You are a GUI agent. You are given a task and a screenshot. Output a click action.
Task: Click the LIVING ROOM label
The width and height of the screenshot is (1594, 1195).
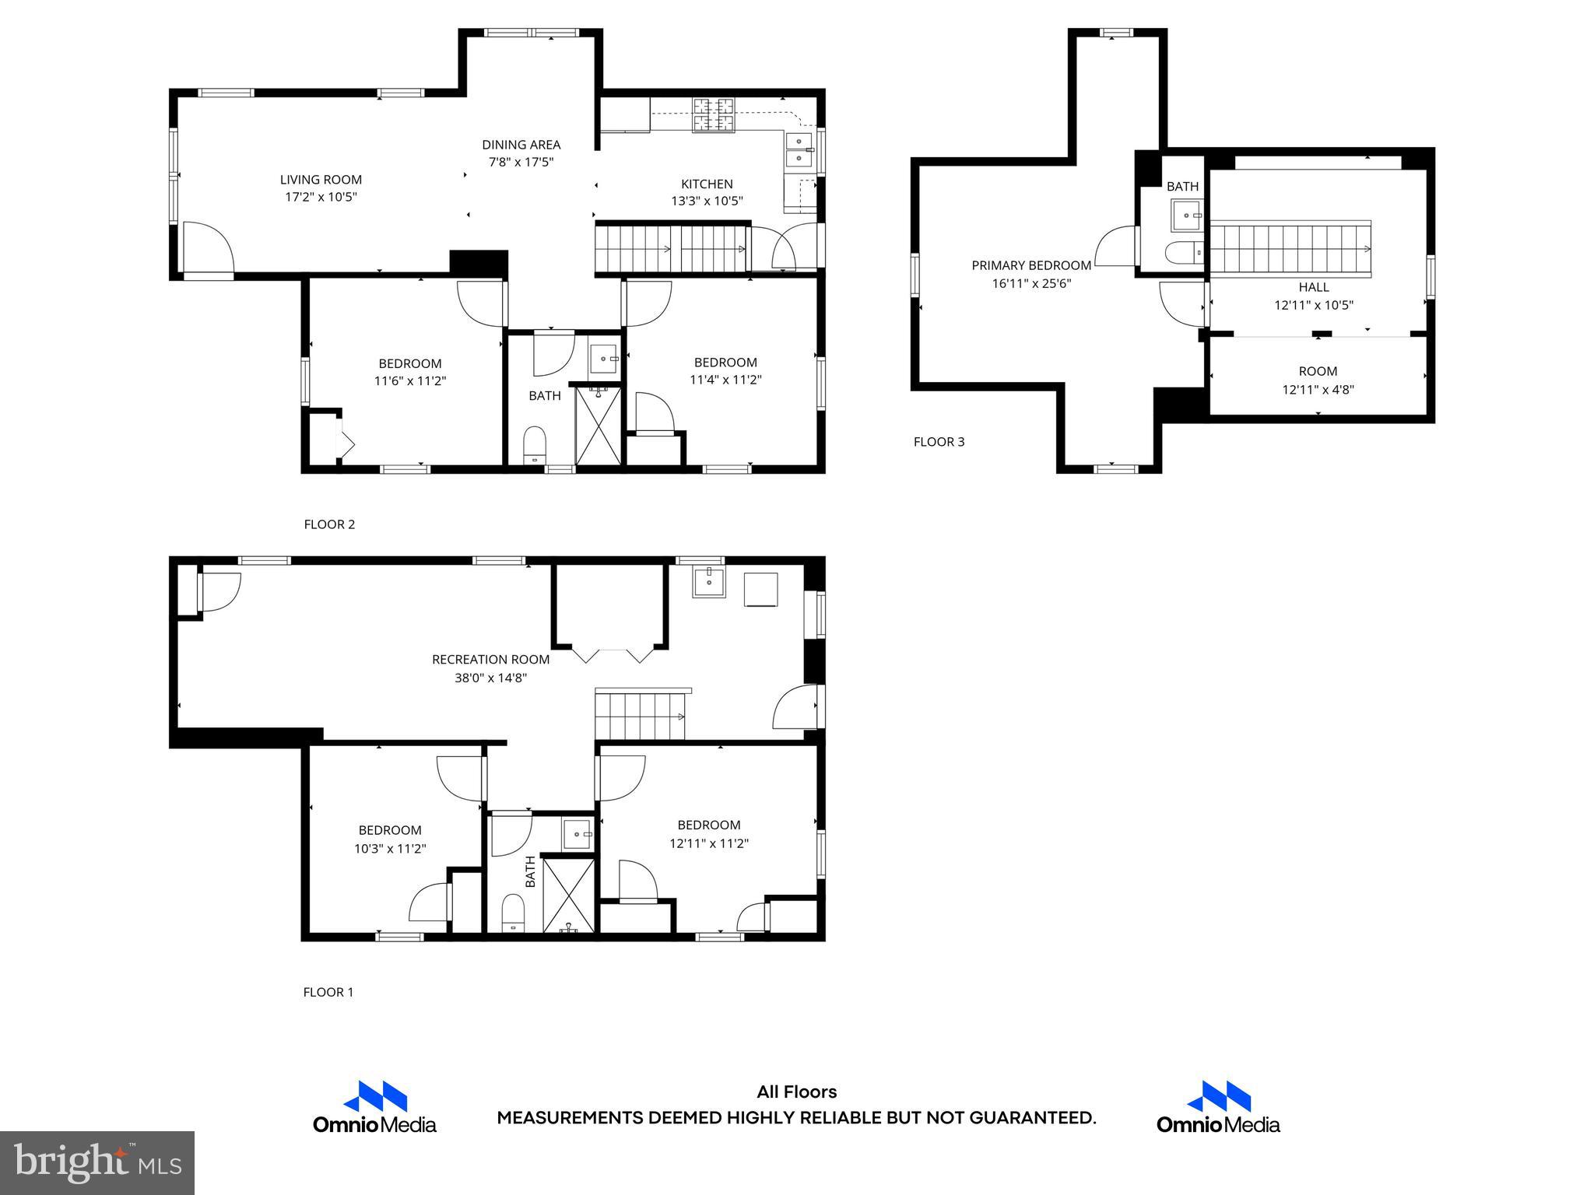pos(321,180)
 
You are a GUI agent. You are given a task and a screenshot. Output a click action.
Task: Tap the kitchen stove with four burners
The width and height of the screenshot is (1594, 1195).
pos(714,115)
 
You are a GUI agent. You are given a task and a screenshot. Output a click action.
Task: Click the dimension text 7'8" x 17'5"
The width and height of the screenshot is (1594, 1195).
pos(521,163)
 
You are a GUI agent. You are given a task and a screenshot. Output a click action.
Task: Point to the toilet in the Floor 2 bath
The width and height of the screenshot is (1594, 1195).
pos(535,444)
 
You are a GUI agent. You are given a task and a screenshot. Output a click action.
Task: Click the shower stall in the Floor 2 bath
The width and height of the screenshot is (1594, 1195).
pos(598,426)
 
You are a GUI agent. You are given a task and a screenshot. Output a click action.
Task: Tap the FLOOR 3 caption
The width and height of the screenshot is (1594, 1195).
pos(939,442)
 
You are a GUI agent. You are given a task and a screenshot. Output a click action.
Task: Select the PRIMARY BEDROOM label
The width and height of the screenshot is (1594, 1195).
pos(1030,265)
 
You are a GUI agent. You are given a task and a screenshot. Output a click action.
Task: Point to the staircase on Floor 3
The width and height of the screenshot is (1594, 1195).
pos(1290,249)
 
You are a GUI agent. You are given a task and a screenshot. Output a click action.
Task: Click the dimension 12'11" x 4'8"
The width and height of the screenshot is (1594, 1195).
pos(1318,390)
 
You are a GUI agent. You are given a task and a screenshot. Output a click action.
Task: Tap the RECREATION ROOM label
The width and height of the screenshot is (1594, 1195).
pos(490,660)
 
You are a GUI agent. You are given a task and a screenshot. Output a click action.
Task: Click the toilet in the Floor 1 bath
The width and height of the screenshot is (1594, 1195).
pos(513,912)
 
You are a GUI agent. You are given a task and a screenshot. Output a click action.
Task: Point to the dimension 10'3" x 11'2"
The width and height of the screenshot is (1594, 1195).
pos(390,849)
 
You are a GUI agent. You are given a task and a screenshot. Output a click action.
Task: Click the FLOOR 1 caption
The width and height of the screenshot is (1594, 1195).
pos(328,992)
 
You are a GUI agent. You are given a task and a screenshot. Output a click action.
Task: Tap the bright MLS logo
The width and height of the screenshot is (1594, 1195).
pos(97,1162)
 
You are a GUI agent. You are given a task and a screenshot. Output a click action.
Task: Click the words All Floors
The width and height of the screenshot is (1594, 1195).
pos(796,1092)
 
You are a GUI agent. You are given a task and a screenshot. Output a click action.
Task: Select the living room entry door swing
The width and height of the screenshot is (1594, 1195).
pos(207,247)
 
